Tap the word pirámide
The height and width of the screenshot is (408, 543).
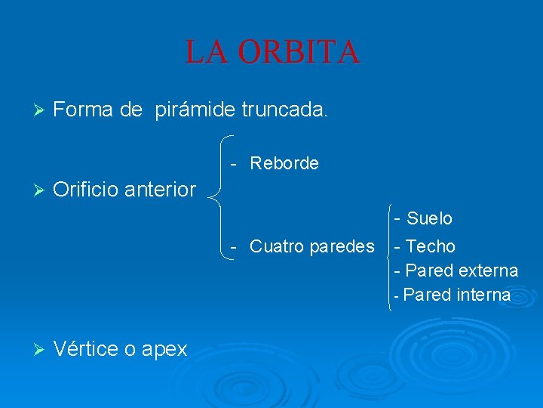(x=195, y=110)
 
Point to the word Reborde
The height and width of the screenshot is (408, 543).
(x=284, y=163)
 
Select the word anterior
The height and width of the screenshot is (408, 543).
(x=161, y=190)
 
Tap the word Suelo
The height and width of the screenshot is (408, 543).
(x=429, y=219)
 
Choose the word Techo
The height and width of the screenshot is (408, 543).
(x=431, y=246)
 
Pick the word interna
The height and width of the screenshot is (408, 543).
(x=483, y=295)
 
